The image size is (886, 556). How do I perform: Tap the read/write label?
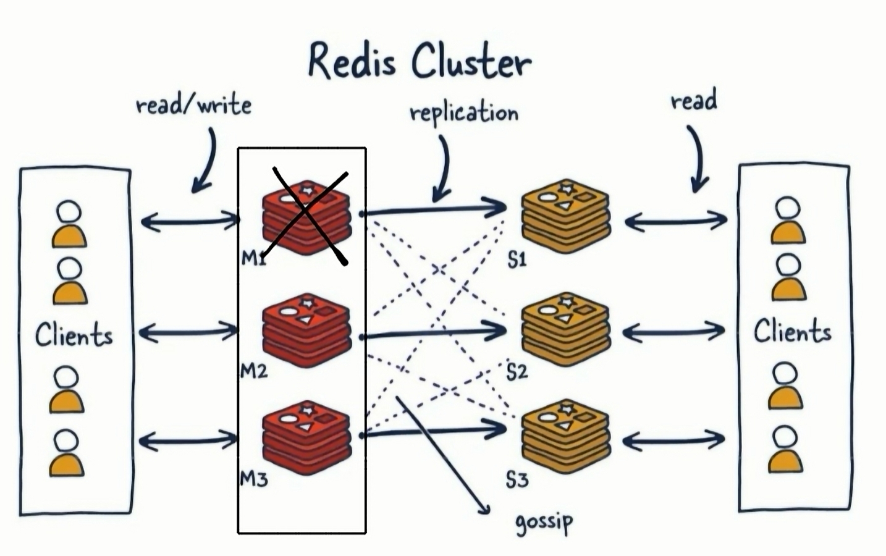click(x=193, y=105)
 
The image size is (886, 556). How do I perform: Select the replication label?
click(x=464, y=112)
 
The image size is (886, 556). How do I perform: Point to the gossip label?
click(x=544, y=523)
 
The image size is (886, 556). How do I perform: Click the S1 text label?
click(x=517, y=260)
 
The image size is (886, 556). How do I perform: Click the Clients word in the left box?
click(x=74, y=335)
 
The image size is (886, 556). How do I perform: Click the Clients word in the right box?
click(x=792, y=332)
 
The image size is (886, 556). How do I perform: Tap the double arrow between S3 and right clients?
click(x=673, y=440)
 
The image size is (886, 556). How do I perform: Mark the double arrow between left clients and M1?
click(x=190, y=220)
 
